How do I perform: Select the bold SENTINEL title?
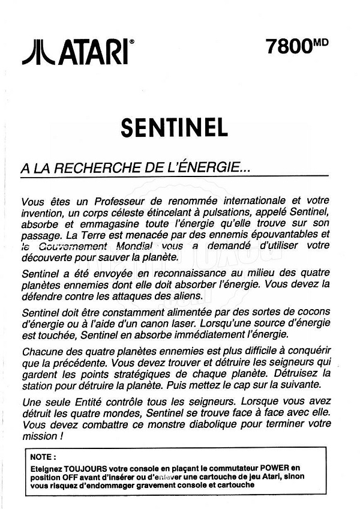click(x=174, y=127)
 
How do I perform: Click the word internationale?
click(x=251, y=200)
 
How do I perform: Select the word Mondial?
click(x=133, y=246)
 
